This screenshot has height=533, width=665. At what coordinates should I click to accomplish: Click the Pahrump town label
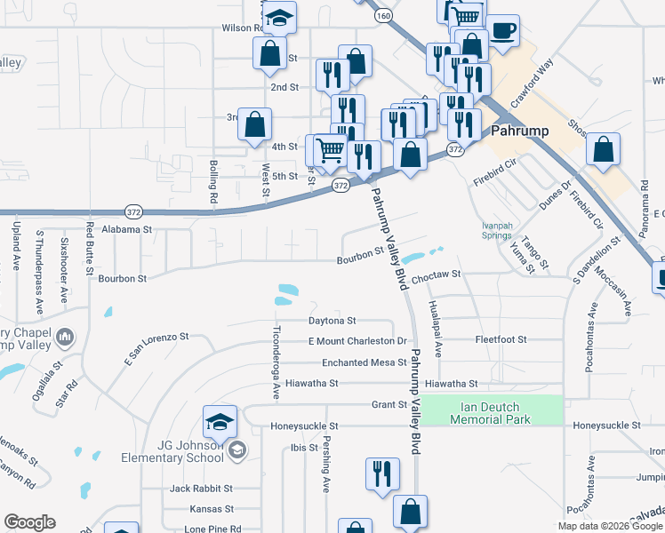[519, 131]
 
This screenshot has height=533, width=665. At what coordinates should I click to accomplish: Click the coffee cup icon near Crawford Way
[503, 30]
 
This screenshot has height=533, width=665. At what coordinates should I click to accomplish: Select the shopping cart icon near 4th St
[330, 152]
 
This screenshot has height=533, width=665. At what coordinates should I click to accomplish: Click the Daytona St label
[332, 320]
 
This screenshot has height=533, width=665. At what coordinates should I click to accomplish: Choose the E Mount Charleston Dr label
[357, 341]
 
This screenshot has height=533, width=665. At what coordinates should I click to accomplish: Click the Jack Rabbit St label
[201, 489]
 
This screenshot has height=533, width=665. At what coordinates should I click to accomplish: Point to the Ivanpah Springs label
[497, 230]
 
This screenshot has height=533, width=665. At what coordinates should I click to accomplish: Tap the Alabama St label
[128, 229]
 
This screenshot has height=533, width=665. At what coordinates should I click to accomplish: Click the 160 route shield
[383, 16]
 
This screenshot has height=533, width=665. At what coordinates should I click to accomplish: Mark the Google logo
[30, 522]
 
